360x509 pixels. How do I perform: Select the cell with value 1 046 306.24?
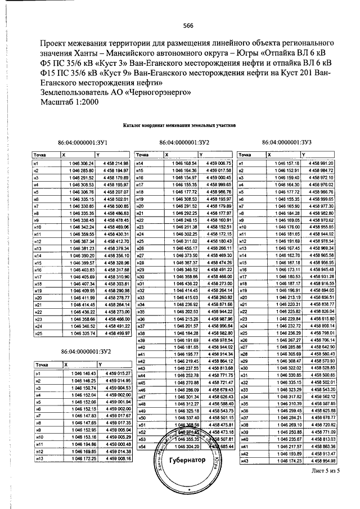79,163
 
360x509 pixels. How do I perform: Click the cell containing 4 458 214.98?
116,163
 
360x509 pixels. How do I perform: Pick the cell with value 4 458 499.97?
116,334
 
